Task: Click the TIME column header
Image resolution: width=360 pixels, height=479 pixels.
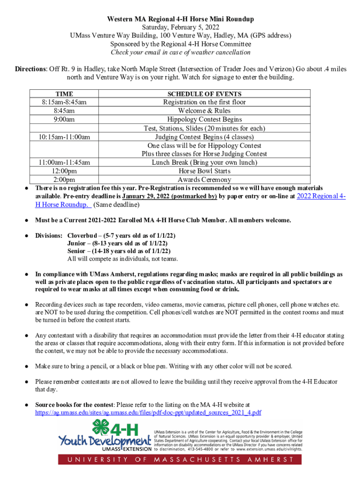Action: [64, 94]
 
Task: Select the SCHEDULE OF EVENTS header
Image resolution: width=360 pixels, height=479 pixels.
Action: [204, 94]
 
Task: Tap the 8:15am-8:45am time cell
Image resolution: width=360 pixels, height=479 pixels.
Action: [64, 102]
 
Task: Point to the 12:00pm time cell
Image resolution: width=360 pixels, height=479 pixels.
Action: [64, 171]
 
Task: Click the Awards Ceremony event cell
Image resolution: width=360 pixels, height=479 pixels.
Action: [204, 180]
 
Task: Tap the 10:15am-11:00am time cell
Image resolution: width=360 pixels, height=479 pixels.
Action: [64, 137]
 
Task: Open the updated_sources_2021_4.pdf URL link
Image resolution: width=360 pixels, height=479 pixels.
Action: [148, 413]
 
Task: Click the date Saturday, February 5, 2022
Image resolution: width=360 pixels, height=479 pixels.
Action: [180, 28]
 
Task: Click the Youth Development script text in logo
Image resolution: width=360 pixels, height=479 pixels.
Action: [101, 441]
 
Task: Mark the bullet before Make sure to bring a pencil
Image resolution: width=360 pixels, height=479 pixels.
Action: [28, 366]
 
